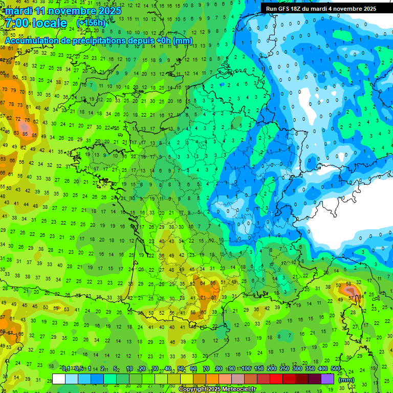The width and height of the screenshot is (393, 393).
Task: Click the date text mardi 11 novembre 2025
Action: click(63, 11)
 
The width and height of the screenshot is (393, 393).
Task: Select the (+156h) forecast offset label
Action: click(91, 23)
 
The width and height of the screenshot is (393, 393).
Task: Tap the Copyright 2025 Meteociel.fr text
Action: click(216, 389)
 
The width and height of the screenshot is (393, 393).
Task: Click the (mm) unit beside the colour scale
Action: click(346, 380)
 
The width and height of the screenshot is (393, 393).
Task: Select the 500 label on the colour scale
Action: click(336, 369)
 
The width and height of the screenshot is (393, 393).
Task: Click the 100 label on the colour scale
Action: click(246, 369)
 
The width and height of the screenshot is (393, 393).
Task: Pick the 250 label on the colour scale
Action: click(285, 369)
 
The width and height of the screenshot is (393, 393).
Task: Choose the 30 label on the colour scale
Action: click(155, 369)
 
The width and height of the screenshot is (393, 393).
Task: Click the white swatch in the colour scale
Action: click(59, 379)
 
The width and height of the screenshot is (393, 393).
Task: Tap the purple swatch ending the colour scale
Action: click(327, 379)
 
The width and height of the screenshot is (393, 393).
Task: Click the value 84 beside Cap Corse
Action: click(361, 296)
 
